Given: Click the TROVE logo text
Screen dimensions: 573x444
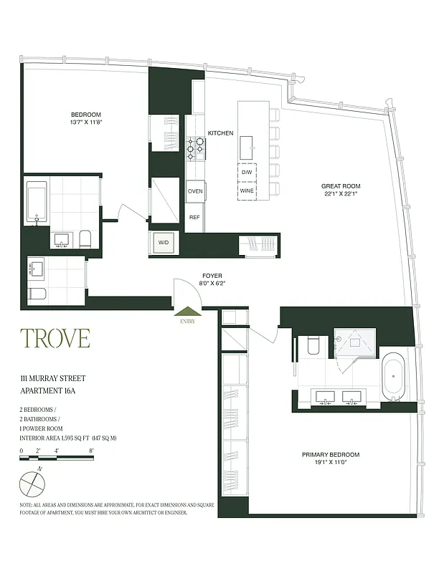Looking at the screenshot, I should coord(55,337).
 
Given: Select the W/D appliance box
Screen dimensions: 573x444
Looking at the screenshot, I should coord(164,243).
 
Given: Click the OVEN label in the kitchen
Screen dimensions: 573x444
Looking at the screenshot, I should coord(195,191).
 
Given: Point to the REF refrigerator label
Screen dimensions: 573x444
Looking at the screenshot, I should coord(194,217).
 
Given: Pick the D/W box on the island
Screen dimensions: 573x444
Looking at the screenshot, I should coord(247,173).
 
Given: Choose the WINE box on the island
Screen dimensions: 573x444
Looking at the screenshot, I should coord(247,191).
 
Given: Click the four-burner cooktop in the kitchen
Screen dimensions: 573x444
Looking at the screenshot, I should coord(196,147).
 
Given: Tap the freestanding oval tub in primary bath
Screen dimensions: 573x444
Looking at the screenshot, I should coord(393,376).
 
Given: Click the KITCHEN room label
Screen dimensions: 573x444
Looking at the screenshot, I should coord(220,133).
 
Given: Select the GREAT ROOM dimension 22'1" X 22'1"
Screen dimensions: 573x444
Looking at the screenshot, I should coord(339,194).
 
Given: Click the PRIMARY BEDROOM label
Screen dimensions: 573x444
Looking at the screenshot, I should coord(331,454).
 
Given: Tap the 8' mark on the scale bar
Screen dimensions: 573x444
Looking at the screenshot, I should coord(92,451).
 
